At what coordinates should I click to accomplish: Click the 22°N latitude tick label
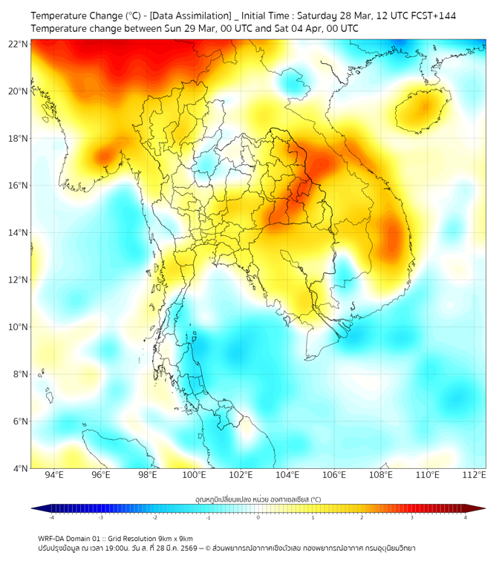coord(19,44)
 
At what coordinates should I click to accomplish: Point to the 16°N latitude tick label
coord(19,186)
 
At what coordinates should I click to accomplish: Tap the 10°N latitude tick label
coord(19,327)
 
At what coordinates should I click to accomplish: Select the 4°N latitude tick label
coord(19,468)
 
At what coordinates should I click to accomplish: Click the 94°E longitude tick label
coord(54,475)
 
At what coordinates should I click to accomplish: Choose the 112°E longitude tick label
coord(474,475)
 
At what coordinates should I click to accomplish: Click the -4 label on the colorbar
coord(51,517)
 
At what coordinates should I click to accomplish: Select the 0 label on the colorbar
coord(258,517)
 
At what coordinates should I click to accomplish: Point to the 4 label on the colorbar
coord(466,517)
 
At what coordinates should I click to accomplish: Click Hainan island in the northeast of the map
coord(424,111)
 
